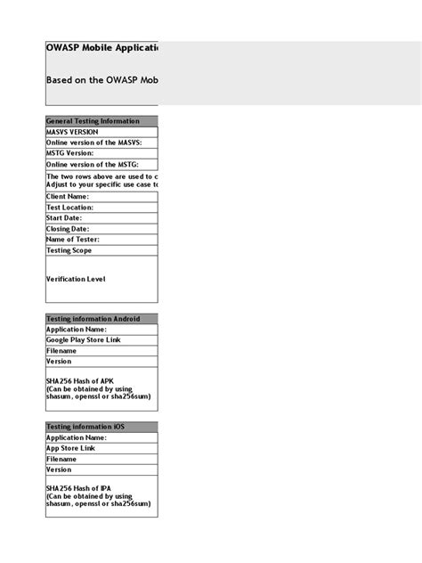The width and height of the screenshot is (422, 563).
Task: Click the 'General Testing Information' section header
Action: click(x=93, y=121)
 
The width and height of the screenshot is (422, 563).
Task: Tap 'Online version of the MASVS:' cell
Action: click(x=94, y=143)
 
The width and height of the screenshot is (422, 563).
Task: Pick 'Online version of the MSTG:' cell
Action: click(x=93, y=164)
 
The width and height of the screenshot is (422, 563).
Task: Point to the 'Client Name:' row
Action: click(x=68, y=197)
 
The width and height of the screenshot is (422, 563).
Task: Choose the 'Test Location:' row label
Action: click(x=69, y=208)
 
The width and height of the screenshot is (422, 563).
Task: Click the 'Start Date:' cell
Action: click(x=64, y=218)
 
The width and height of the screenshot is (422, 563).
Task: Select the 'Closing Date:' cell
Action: click(x=68, y=229)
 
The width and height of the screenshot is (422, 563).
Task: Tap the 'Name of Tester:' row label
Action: click(x=73, y=240)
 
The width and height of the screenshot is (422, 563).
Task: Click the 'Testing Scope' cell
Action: click(x=69, y=251)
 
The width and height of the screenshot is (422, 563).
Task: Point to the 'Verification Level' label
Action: click(x=76, y=279)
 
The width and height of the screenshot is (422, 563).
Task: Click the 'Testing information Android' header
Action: click(x=93, y=319)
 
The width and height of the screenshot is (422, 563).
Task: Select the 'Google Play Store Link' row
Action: click(x=84, y=340)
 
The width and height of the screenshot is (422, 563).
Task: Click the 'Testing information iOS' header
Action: click(x=85, y=427)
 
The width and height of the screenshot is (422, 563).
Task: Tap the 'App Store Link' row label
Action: click(x=71, y=448)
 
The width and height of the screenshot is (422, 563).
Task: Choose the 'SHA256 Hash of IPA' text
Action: click(x=80, y=489)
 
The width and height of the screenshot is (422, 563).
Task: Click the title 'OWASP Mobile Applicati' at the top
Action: click(x=101, y=48)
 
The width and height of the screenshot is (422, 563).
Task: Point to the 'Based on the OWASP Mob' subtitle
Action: click(x=101, y=79)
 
